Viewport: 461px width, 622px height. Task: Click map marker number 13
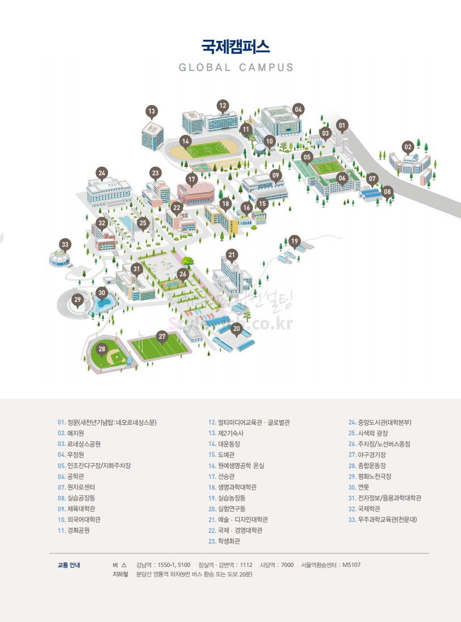[152, 112]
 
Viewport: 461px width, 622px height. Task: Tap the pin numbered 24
[102, 173]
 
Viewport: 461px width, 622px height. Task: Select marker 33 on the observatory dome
[65, 245]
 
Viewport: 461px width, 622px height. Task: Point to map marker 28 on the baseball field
[102, 349]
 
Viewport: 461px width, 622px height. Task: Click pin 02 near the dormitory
[408, 147]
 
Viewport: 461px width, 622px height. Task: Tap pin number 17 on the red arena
[192, 179]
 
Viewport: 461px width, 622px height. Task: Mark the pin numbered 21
[231, 255]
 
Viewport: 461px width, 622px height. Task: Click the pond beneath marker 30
[103, 304]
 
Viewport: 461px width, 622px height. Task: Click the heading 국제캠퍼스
[236, 45]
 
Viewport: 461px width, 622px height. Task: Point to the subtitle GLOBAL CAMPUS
[236, 67]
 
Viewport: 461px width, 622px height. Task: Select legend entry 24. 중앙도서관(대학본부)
[380, 422]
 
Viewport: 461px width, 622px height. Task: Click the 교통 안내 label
[69, 565]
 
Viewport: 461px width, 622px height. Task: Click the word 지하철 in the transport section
[121, 574]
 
